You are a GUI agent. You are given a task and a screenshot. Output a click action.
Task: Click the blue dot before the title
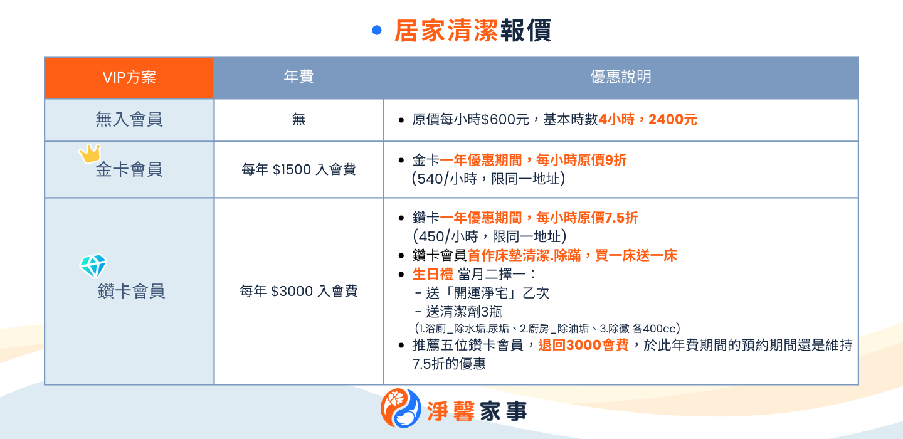(x=376, y=30)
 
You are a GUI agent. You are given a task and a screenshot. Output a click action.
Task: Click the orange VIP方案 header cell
(x=129, y=78)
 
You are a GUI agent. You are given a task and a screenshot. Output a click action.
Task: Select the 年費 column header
(x=298, y=77)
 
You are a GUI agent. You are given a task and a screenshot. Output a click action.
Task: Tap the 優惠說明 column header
(x=620, y=77)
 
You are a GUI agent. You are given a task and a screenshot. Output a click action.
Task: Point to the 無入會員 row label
(x=129, y=119)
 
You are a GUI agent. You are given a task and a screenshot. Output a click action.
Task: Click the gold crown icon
(x=90, y=154)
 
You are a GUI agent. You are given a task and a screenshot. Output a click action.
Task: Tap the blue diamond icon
(x=93, y=266)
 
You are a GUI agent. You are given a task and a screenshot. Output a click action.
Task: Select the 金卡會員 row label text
(x=129, y=169)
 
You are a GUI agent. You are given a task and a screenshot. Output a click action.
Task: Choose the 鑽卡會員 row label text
(x=132, y=291)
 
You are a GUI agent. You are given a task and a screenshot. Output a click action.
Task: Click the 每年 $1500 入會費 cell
(x=298, y=169)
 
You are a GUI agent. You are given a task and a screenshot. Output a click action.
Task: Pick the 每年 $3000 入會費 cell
(x=298, y=291)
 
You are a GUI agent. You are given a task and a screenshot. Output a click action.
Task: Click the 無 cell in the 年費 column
(x=298, y=119)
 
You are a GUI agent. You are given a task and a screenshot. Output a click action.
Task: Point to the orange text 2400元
(x=672, y=119)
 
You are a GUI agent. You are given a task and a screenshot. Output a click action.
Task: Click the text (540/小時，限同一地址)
(x=488, y=179)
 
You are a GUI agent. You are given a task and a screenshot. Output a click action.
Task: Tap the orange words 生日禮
(x=433, y=275)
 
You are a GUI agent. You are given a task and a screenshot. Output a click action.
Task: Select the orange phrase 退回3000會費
(x=583, y=345)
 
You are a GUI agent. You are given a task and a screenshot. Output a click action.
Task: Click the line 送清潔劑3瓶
(x=458, y=312)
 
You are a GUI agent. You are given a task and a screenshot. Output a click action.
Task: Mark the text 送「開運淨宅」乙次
(x=482, y=293)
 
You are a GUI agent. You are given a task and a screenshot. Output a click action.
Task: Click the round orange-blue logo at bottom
(x=401, y=408)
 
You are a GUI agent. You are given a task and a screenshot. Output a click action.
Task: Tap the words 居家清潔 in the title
(x=446, y=30)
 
